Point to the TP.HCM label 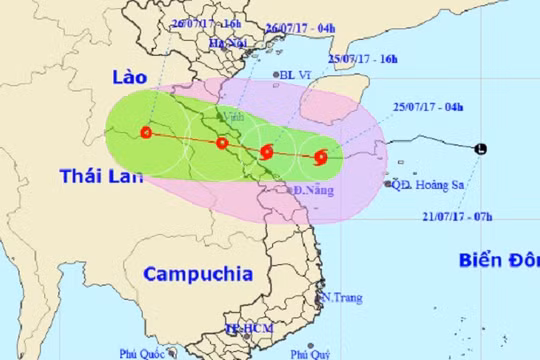coord(245,327)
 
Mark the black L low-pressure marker coord(483,150)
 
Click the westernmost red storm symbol coord(147,132)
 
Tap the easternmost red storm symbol coord(320,156)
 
